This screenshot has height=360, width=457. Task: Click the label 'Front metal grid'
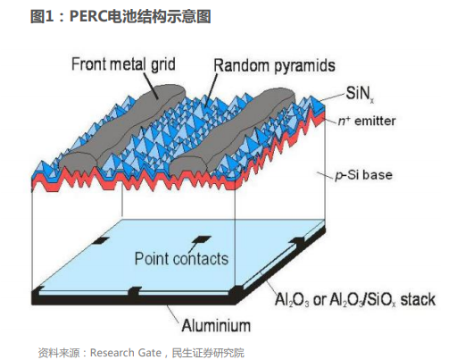tap(123, 64)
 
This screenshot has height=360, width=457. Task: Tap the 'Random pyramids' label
tap(274, 65)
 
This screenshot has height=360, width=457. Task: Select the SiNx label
tap(360, 94)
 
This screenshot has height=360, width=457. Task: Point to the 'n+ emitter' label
tap(367, 121)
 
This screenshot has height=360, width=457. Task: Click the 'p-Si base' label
tap(363, 175)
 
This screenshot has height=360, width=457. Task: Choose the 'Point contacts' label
tap(181, 258)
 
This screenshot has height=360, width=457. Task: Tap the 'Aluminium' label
tap(216, 325)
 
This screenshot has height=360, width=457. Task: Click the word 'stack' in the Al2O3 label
tap(418, 299)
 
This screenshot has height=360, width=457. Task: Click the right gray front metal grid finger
tap(232, 133)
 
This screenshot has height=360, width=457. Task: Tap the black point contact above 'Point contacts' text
tap(202, 239)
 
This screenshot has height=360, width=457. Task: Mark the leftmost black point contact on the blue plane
tap(100, 240)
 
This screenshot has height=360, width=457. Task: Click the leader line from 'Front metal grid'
tap(150, 86)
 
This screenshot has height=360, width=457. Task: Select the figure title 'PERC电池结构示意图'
tap(140, 16)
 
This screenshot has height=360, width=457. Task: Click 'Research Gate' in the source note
tap(126, 353)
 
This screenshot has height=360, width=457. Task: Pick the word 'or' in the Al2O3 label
tap(320, 300)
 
